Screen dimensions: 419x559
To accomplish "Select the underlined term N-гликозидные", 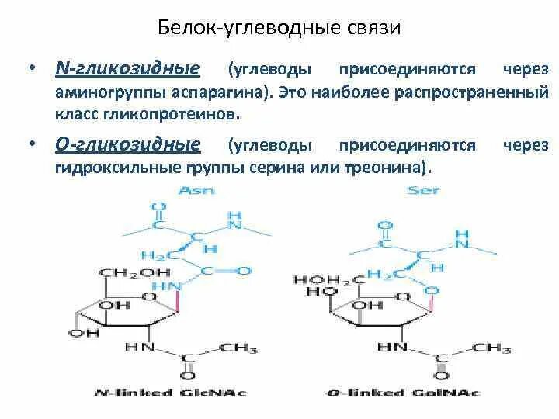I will point(127,69).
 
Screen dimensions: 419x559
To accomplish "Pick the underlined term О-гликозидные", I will point(127,144).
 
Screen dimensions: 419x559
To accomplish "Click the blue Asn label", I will point(192,189).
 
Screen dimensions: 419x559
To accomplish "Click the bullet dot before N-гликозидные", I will point(32,70).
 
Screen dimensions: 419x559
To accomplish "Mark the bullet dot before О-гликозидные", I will point(32,145).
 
